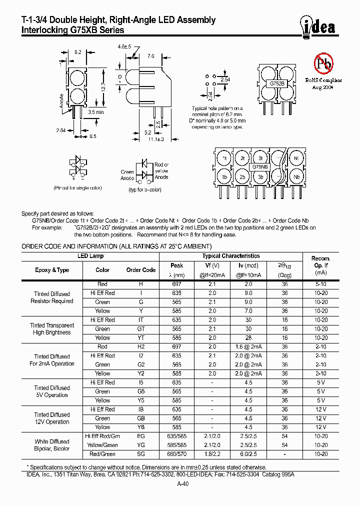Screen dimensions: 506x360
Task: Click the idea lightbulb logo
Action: tap(318, 27)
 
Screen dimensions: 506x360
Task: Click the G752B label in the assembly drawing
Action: tap(277, 84)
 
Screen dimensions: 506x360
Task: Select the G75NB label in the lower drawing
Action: tap(260, 167)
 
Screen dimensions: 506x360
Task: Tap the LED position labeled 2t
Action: tap(242, 158)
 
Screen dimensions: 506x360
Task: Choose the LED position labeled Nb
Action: tap(296, 177)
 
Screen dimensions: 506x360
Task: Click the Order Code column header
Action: tap(140, 270)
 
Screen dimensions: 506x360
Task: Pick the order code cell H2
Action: tap(140, 346)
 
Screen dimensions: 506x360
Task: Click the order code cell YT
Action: tap(140, 338)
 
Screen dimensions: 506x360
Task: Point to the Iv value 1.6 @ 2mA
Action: tap(248, 346)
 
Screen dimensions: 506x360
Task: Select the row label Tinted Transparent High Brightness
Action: tap(52, 329)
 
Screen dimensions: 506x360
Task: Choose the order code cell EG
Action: tap(140, 436)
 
